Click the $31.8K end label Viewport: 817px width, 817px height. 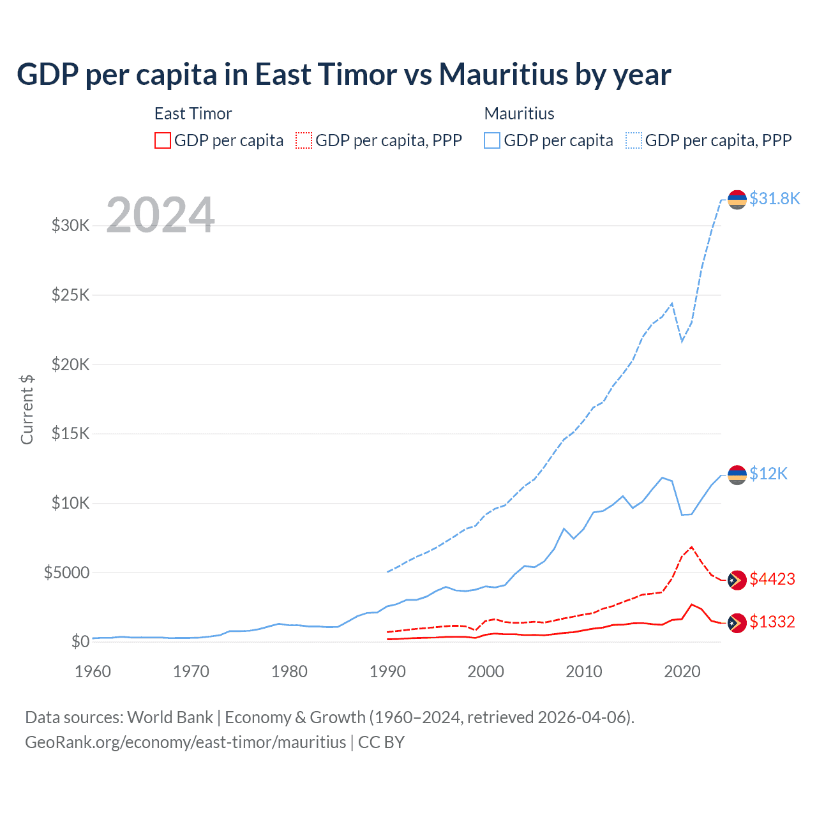click(x=774, y=199)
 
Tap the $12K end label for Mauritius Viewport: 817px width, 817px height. click(x=768, y=474)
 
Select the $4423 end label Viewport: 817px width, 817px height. click(x=772, y=579)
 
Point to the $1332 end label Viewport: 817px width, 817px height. click(x=772, y=622)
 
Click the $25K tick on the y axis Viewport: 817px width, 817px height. click(x=70, y=295)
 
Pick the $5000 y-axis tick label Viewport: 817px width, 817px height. click(x=66, y=573)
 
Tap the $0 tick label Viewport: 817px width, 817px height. click(x=80, y=641)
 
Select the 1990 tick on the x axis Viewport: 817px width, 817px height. click(x=387, y=671)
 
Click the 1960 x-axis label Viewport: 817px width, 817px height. click(x=93, y=671)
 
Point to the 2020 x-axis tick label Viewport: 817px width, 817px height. click(x=682, y=671)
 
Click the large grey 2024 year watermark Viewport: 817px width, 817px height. click(x=160, y=214)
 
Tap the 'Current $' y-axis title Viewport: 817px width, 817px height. click(x=27, y=409)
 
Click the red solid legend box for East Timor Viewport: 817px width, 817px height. click(x=163, y=140)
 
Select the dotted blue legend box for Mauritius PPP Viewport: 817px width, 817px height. click(x=634, y=140)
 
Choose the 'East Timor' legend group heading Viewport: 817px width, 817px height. click(x=193, y=114)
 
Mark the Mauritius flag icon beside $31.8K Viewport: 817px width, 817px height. click(x=737, y=200)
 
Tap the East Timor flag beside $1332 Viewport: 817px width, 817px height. click(x=737, y=622)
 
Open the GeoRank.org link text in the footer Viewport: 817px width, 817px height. click(x=185, y=742)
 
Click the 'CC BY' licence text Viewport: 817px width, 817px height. click(x=381, y=742)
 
